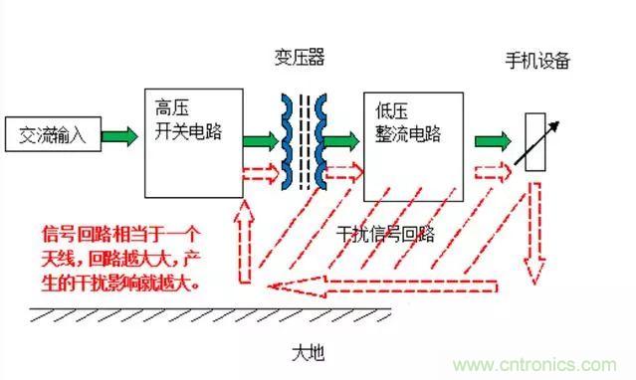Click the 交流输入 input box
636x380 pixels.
tap(49, 135)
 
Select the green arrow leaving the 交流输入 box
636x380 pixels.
tap(119, 135)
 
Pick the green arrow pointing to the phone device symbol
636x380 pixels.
tap(494, 139)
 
